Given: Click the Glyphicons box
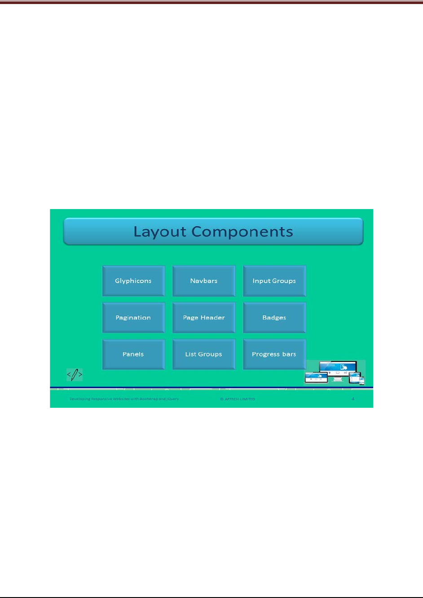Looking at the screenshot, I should (x=133, y=281).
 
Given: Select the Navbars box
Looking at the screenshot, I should (x=204, y=281).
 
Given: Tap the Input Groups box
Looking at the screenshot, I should (x=274, y=281).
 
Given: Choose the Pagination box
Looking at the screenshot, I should (x=133, y=318).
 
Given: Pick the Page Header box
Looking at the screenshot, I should (x=204, y=318).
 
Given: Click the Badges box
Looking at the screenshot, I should (x=274, y=318).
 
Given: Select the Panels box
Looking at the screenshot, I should (x=133, y=354).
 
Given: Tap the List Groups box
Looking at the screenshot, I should (x=204, y=354).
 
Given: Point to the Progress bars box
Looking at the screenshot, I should (x=274, y=354).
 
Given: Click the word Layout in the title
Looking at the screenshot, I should (x=160, y=231).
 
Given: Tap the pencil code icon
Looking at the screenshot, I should (x=75, y=374).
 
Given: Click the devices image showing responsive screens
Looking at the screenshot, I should (x=335, y=372).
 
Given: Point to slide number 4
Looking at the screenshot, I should (x=353, y=399).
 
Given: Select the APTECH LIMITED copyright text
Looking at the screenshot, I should (x=238, y=399).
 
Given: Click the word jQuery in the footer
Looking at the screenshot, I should (x=173, y=399).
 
